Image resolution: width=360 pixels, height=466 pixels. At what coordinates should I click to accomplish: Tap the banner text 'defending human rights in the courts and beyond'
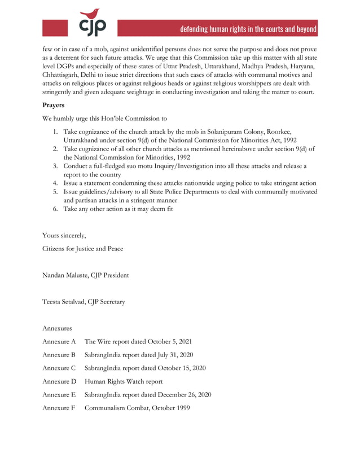[x=248, y=29]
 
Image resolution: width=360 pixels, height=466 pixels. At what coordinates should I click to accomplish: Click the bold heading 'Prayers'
[x=55, y=105]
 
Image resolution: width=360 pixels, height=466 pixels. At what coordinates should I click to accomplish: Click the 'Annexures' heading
[x=57, y=328]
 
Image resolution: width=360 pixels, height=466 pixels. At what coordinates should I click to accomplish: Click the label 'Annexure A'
[x=59, y=341]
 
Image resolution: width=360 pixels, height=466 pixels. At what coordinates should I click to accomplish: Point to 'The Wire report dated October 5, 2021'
[x=138, y=341]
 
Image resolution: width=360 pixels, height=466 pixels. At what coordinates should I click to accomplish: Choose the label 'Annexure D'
[x=59, y=381]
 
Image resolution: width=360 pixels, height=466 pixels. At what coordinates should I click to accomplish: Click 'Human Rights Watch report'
[x=124, y=381]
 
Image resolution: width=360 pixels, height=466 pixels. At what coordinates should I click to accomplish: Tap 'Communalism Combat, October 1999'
[x=137, y=408]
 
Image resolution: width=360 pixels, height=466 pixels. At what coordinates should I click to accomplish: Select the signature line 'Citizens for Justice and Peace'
[x=82, y=248]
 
